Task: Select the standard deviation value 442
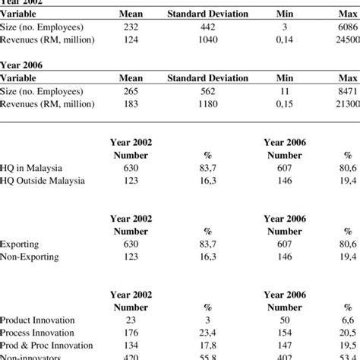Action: coord(207,27)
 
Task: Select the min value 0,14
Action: coord(285,39)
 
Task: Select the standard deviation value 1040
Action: coord(207,39)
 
